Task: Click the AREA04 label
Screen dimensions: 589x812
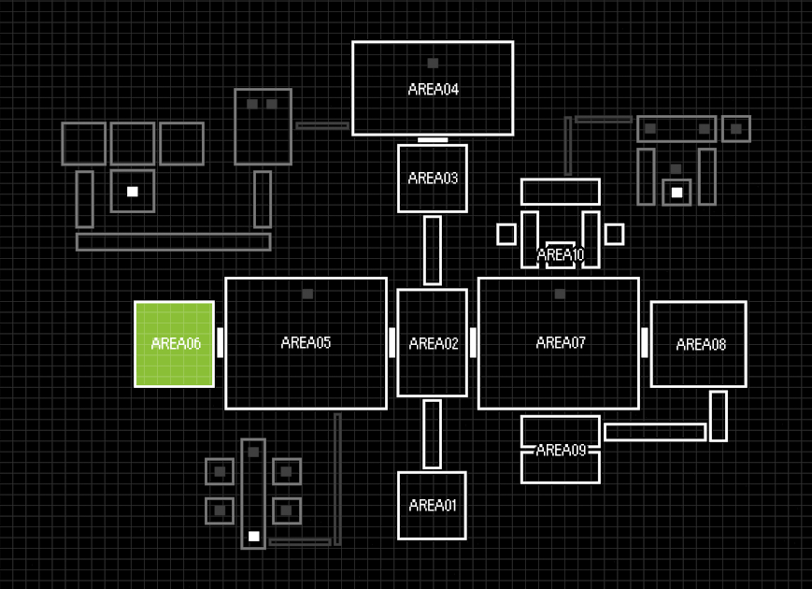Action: (433, 90)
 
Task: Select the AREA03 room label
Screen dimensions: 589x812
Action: (433, 178)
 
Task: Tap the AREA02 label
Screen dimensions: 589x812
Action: (434, 344)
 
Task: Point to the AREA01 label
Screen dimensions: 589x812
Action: (433, 506)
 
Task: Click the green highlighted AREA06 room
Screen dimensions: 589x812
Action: (175, 343)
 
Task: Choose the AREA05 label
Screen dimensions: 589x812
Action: (306, 342)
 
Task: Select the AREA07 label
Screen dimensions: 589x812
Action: (561, 343)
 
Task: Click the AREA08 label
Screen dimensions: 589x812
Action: (701, 344)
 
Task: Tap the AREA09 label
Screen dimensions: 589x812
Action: (561, 450)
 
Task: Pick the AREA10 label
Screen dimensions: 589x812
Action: (561, 254)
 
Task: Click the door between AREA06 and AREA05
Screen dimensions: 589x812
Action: (221, 342)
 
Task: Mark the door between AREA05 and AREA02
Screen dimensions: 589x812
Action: (392, 342)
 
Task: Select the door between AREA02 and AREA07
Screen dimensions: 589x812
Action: (473, 342)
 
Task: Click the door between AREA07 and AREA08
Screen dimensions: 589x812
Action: (645, 342)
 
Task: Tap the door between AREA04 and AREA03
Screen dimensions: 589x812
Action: (433, 139)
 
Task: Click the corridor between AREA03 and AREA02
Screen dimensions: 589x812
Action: (433, 250)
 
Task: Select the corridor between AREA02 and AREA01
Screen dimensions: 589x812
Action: (433, 434)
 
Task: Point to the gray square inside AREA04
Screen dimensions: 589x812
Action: (433, 64)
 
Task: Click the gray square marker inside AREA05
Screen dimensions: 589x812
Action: (307, 294)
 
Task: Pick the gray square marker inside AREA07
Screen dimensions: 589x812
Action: (560, 294)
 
